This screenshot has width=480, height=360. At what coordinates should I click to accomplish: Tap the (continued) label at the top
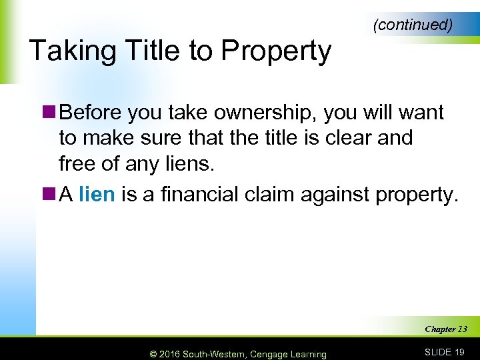pos(413,25)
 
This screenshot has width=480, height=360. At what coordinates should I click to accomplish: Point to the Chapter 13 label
pos(445,329)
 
